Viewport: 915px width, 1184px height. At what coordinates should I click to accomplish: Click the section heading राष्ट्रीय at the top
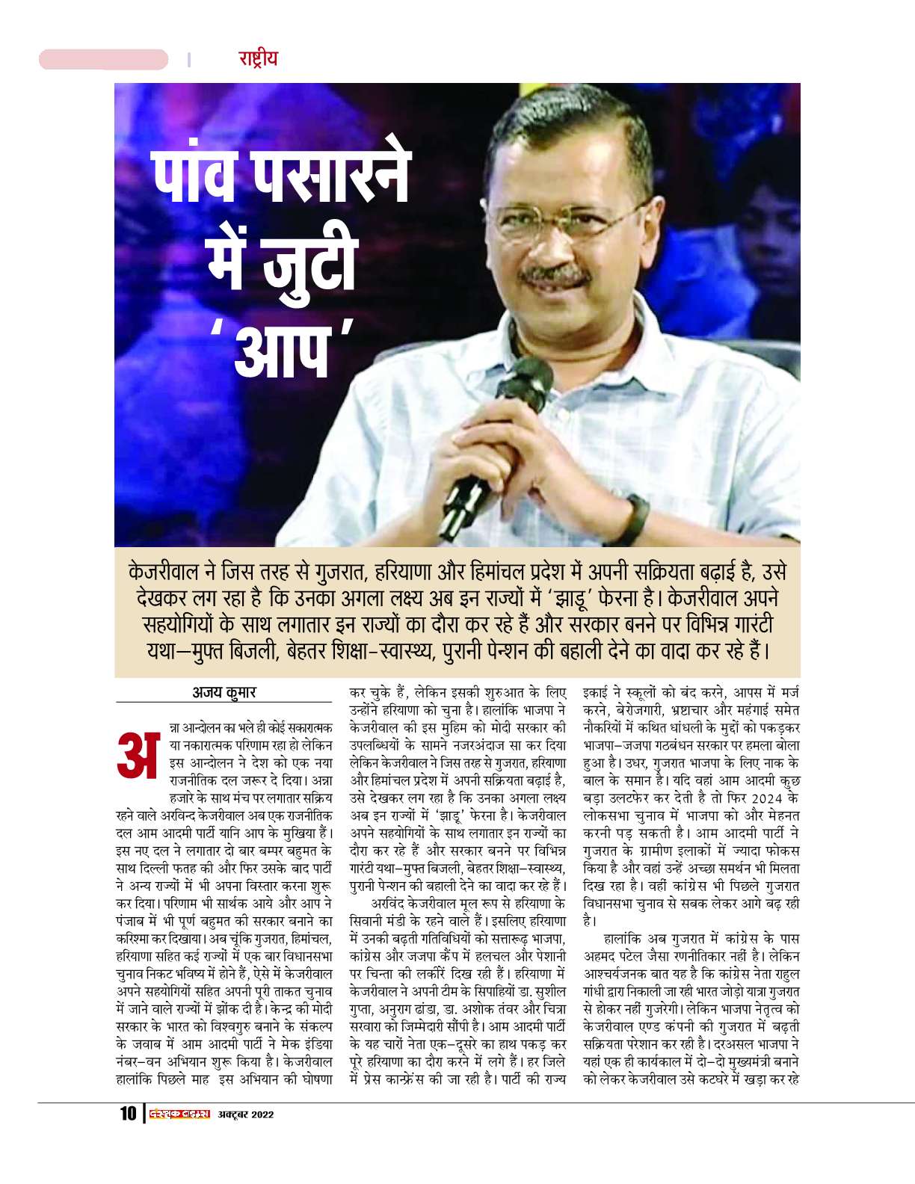258,58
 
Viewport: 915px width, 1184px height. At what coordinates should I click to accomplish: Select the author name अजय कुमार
224,692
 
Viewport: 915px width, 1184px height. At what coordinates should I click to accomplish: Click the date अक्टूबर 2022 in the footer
246,1114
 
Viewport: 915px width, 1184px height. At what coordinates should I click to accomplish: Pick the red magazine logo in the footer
179,1114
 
